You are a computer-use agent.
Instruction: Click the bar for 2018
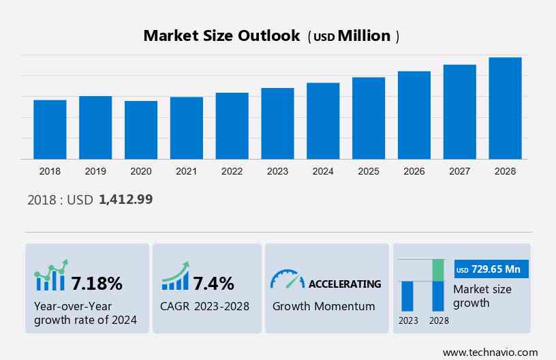50,130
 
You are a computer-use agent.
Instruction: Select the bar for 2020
141,130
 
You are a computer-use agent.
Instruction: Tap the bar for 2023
277,123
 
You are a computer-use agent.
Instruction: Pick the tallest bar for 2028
505,108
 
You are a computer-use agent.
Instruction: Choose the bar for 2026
414,115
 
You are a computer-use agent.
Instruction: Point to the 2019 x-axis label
95,171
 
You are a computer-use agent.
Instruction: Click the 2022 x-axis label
232,171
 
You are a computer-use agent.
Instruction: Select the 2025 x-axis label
369,171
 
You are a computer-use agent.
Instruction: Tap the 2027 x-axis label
459,171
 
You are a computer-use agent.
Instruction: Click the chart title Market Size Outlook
221,36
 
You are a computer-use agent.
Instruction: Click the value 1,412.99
125,200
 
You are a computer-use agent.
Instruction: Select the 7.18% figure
97,283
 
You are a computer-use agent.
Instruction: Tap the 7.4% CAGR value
214,283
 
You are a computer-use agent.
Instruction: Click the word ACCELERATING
345,284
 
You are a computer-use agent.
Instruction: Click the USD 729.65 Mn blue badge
491,269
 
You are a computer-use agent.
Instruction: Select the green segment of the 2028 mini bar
438,270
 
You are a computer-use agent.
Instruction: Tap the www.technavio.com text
490,352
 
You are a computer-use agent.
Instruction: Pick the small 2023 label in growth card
408,320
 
